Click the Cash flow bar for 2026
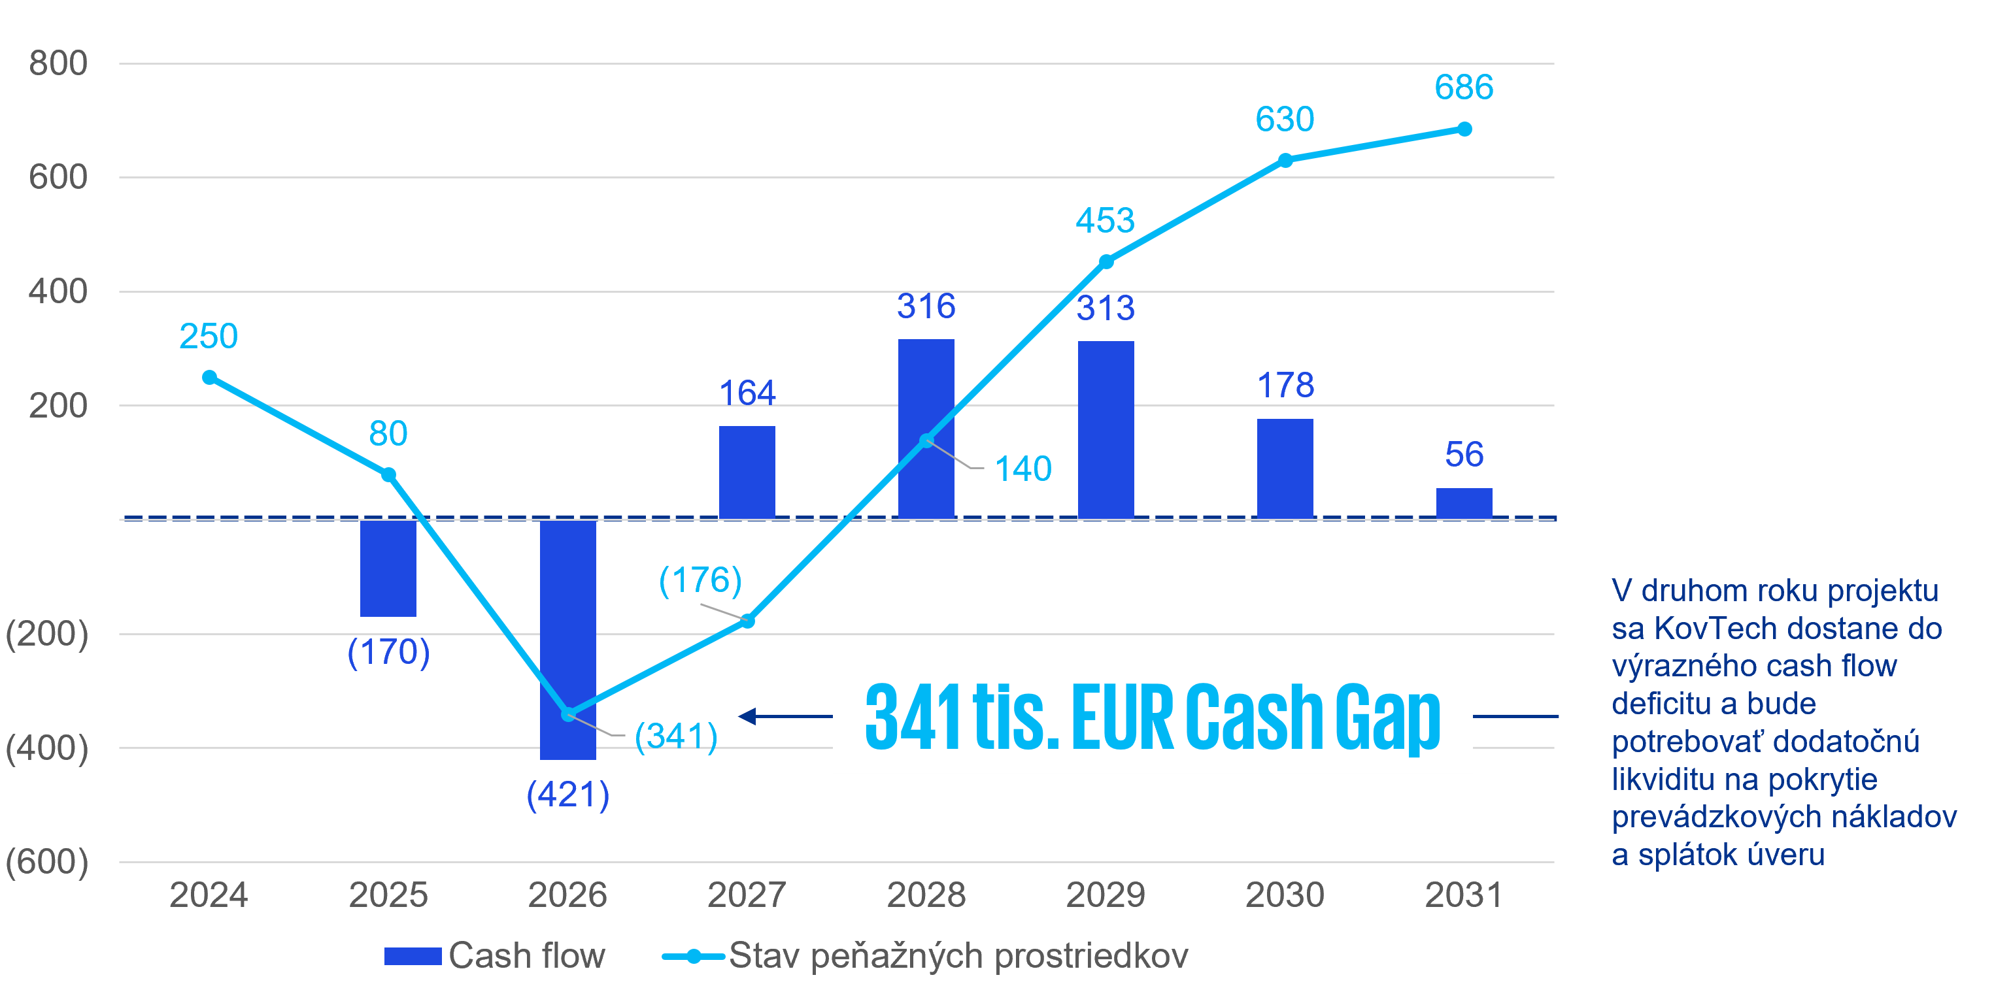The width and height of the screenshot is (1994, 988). (567, 639)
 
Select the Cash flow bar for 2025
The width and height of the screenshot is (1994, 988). (388, 568)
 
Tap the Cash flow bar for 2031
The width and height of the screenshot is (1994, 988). (1464, 503)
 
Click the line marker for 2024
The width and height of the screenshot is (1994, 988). (209, 378)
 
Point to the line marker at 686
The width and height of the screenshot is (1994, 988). (1464, 129)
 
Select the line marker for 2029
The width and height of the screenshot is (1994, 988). (1106, 261)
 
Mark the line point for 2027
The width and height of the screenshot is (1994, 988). (748, 621)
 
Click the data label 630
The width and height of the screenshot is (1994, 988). (1285, 119)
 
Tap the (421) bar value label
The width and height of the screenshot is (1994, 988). (567, 795)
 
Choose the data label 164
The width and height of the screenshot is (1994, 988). (747, 393)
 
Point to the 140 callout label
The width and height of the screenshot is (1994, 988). (1022, 469)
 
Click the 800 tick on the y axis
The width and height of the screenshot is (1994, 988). (58, 63)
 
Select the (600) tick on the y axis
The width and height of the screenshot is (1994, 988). (47, 862)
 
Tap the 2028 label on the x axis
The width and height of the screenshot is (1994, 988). (926, 895)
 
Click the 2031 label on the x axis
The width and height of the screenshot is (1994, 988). (1464, 895)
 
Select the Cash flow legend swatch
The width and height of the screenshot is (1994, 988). (413, 956)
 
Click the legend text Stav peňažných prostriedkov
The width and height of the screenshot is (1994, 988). (958, 956)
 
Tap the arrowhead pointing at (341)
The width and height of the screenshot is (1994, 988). (747, 716)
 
